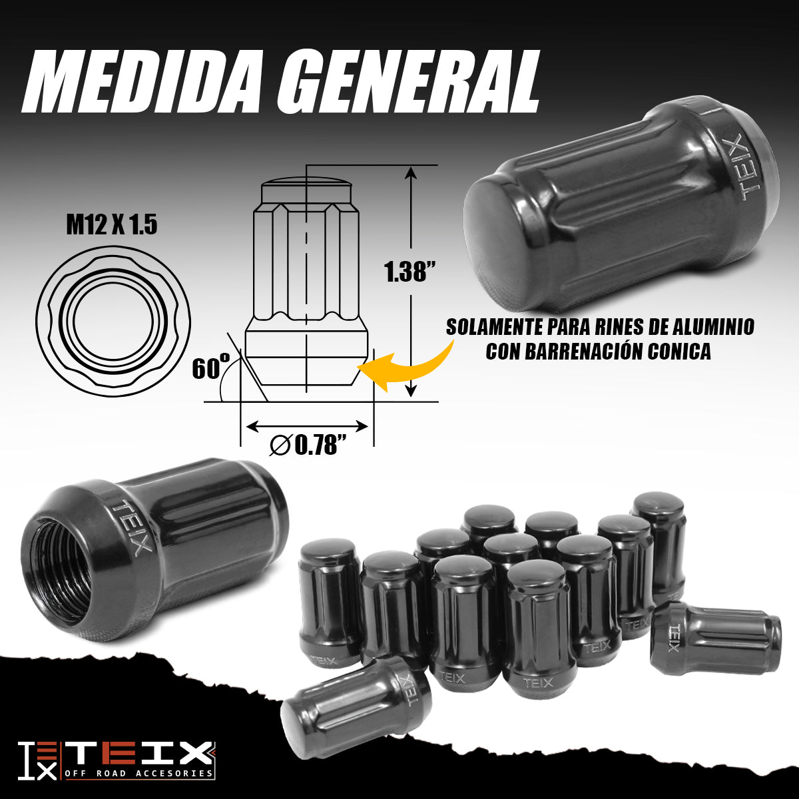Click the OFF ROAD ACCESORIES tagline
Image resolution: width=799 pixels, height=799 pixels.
pos(139,773)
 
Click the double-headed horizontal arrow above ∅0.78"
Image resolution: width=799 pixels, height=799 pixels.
pos(307,426)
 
